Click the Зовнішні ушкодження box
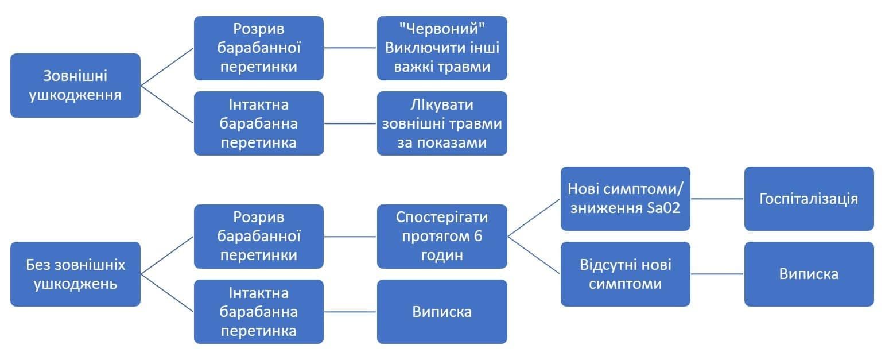[x=75, y=86]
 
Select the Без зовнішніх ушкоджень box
[x=75, y=274]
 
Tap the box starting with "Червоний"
[x=442, y=48]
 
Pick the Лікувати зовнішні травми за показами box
[x=442, y=123]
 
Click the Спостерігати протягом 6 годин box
[x=442, y=236]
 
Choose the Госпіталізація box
[x=809, y=199]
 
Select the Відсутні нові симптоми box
[x=625, y=274]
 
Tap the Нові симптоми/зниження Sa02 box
[x=625, y=199]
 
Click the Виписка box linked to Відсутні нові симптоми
[x=809, y=274]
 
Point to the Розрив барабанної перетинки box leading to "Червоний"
[x=258, y=48]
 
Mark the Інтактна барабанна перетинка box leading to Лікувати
[x=258, y=123]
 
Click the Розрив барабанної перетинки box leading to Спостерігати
[x=258, y=236]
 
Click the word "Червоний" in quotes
[x=442, y=29]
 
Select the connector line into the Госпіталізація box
[x=717, y=199]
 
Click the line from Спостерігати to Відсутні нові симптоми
[x=534, y=254]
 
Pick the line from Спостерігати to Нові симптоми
[x=534, y=218]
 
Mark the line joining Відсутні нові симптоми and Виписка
[x=717, y=274]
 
